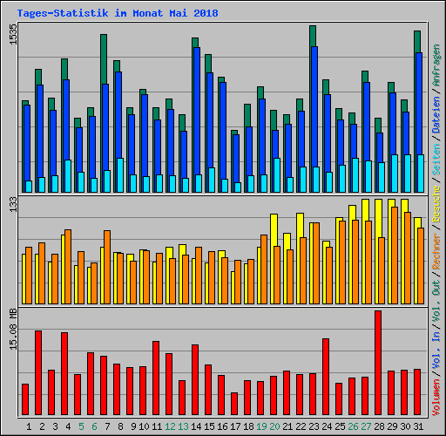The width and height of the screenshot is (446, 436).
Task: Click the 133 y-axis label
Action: (13, 204)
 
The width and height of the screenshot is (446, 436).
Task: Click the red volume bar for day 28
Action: (378, 363)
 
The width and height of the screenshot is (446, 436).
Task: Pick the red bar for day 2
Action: (38, 372)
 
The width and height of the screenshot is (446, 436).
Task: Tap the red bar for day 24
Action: (326, 377)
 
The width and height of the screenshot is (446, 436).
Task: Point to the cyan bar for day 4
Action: (68, 175)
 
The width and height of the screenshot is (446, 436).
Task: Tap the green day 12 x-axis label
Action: (169, 426)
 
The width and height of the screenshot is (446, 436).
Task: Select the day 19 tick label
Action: (260, 426)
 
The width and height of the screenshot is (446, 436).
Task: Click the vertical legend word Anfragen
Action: (437, 71)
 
